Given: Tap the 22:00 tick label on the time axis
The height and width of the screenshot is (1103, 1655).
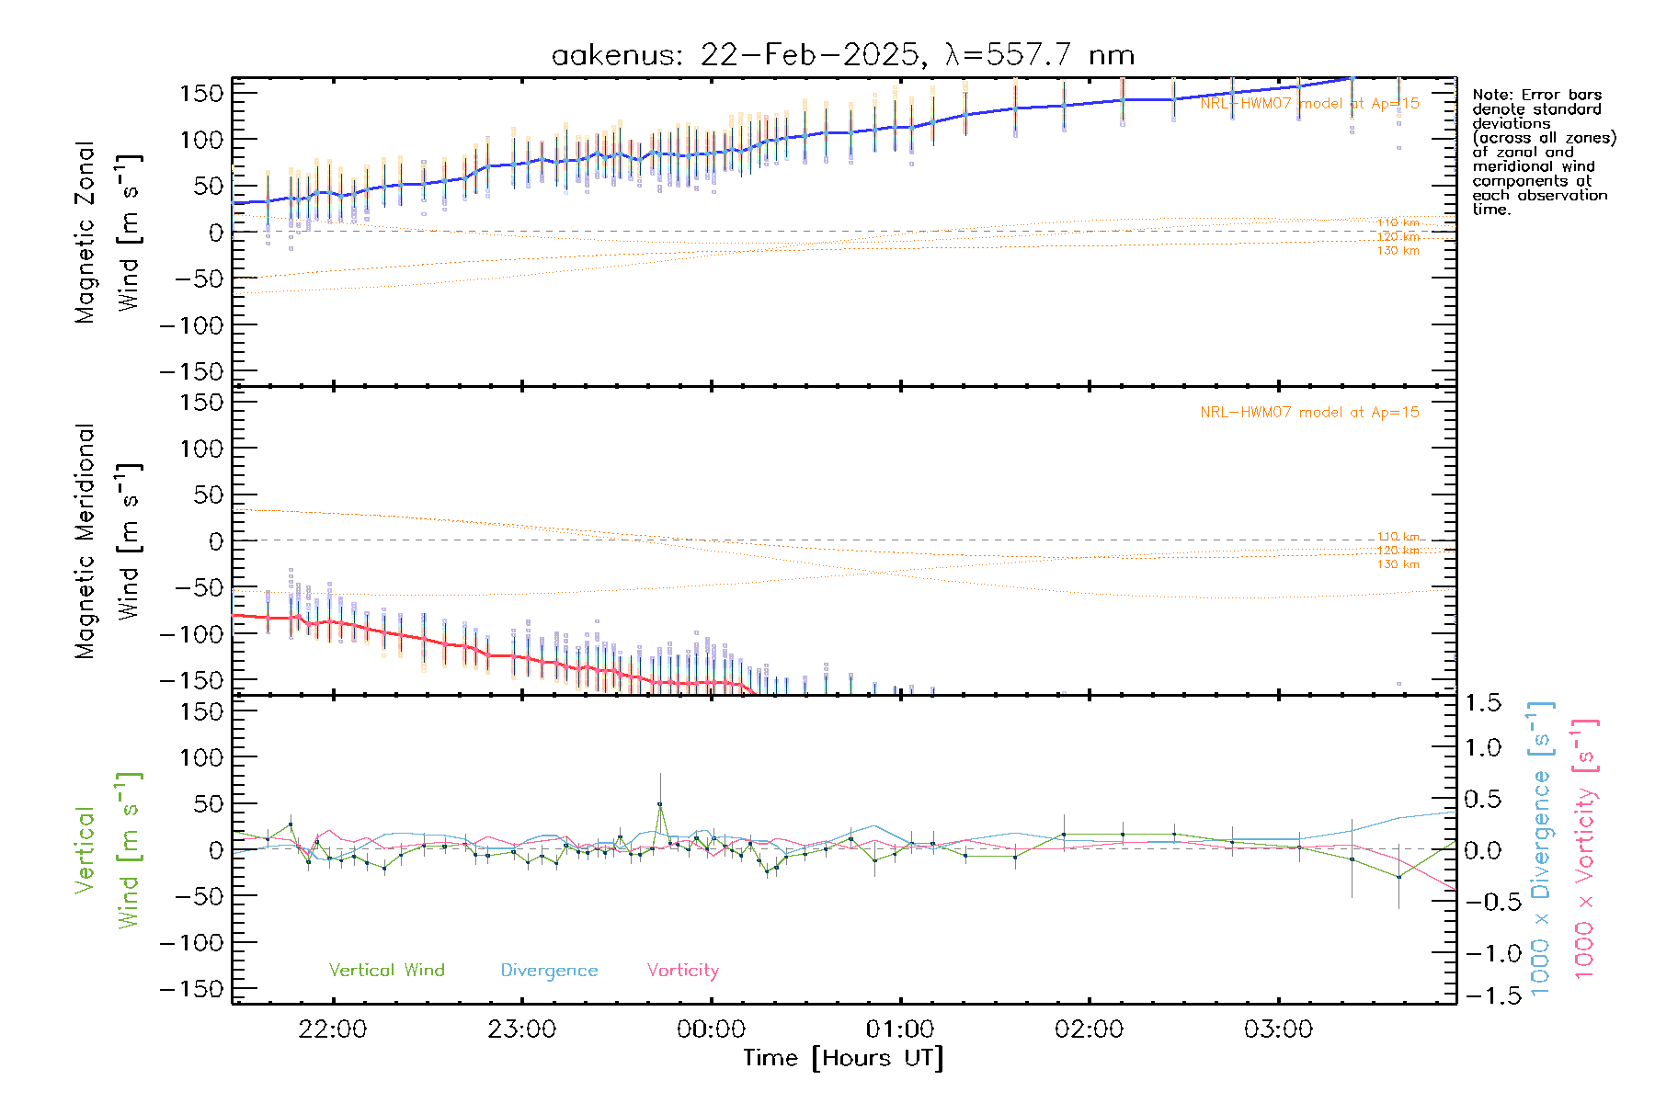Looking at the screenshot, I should pyautogui.click(x=333, y=1029).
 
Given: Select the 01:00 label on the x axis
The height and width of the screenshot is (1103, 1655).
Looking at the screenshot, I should pyautogui.click(x=900, y=1029).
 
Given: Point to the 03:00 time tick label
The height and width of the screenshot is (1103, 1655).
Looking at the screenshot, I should pyautogui.click(x=1278, y=1029).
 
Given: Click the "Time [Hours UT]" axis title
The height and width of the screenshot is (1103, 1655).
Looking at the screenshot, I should pyautogui.click(x=843, y=1059).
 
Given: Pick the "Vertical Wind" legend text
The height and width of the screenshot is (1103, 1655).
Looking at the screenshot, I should pyautogui.click(x=386, y=971).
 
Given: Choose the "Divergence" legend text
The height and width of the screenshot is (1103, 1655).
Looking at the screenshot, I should pyautogui.click(x=549, y=971).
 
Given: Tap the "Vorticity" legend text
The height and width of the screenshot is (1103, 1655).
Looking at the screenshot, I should pyautogui.click(x=682, y=971).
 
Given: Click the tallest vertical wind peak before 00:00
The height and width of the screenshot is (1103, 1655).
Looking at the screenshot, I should pyautogui.click(x=660, y=804).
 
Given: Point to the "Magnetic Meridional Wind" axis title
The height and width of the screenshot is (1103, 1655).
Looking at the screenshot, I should pyautogui.click(x=108, y=541).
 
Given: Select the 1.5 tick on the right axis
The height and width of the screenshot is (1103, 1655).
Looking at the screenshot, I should pyautogui.click(x=1483, y=703).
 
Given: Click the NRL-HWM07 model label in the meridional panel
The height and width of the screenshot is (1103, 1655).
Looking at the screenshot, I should pyautogui.click(x=1309, y=413).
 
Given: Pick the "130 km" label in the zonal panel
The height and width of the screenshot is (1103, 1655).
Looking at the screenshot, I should pyautogui.click(x=1398, y=251).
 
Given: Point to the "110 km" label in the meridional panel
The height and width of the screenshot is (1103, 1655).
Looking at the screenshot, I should pyautogui.click(x=1398, y=536).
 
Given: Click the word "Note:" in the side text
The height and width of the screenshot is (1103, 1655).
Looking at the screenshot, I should pyautogui.click(x=1491, y=95).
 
